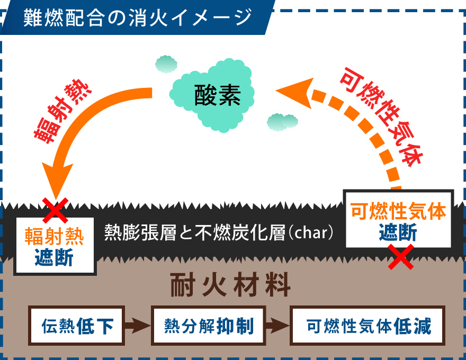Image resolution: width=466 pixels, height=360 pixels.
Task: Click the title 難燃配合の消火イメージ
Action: pyautogui.click(x=137, y=17)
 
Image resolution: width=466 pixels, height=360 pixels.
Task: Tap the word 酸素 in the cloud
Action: pyautogui.click(x=217, y=96)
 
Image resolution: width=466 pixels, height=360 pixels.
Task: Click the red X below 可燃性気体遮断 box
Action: pyautogui.click(x=401, y=257)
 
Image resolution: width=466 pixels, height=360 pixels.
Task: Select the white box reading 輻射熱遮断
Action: pyautogui.click(x=55, y=245)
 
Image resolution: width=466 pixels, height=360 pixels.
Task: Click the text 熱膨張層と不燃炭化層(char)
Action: pyautogui.click(x=219, y=233)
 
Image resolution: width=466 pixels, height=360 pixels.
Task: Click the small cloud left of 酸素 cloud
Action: pyautogui.click(x=166, y=64)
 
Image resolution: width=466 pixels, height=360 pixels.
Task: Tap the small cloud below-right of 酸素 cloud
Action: pyautogui.click(x=282, y=122)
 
